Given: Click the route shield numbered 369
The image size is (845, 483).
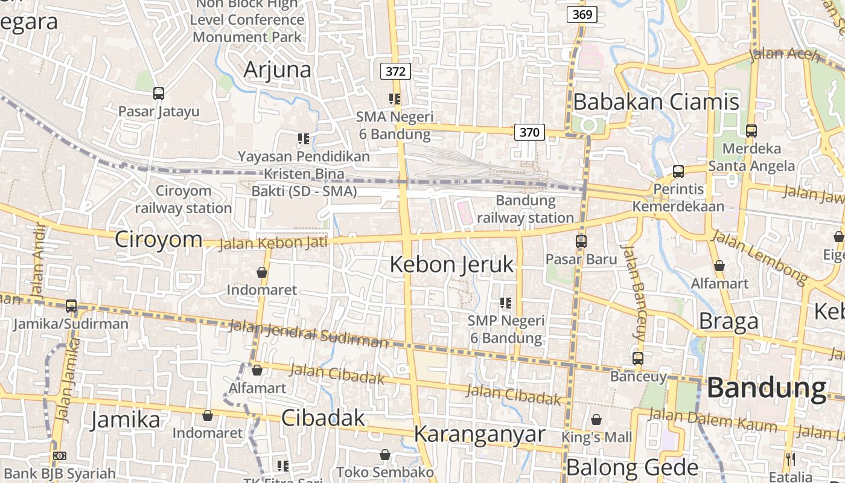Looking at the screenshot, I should click(x=582, y=14).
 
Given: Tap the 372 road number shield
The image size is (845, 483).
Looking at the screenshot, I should click(x=395, y=71).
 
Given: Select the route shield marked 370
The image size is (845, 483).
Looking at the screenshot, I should click(x=529, y=132).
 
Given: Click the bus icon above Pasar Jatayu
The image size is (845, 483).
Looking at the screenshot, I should click(x=159, y=94).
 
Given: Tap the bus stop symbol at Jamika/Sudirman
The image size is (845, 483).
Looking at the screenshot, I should click(x=71, y=306).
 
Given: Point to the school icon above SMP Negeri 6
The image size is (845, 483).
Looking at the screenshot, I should click(x=506, y=302).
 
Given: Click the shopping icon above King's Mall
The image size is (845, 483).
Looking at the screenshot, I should click(x=596, y=419).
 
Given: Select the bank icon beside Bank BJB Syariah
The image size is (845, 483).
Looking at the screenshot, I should click(x=59, y=456).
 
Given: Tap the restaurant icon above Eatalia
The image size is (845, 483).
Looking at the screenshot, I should click(x=791, y=459).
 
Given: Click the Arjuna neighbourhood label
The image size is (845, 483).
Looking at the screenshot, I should click(x=278, y=70).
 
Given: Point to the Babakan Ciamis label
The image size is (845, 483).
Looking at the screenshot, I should click(x=656, y=102).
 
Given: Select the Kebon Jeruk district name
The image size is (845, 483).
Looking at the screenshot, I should click(x=452, y=264).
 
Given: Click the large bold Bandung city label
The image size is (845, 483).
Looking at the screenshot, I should click(x=766, y=388).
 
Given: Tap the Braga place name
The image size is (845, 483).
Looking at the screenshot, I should click(x=729, y=322).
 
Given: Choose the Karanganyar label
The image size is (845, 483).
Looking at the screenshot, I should click(x=480, y=434).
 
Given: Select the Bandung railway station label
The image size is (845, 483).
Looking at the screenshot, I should click(x=525, y=209).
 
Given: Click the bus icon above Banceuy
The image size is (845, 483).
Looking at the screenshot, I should click(x=638, y=358).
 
